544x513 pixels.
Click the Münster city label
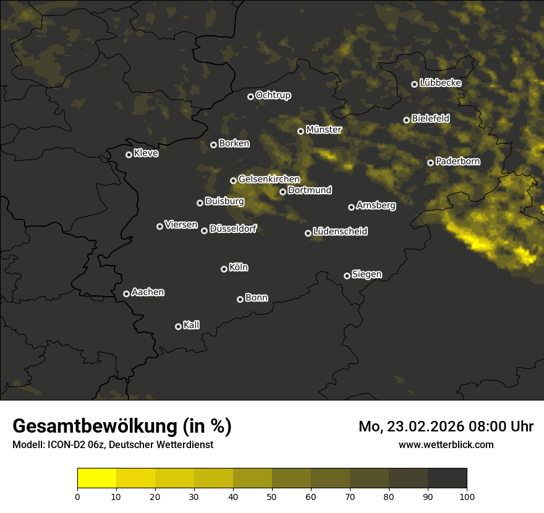tap(324, 130)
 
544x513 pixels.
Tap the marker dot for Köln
tap(224, 269)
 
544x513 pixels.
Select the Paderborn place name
tap(457, 161)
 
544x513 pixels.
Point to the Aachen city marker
tap(126, 294)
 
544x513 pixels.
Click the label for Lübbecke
tap(440, 83)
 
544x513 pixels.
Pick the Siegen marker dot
tap(347, 276)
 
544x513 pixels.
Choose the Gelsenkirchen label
tap(269, 179)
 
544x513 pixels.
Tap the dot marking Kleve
tap(129, 155)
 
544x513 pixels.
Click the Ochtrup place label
tap(273, 95)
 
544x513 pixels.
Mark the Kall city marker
tap(178, 326)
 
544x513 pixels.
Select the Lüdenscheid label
tap(340, 231)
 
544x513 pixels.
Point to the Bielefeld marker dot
tap(406, 120)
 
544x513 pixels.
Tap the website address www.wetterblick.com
tap(446, 444)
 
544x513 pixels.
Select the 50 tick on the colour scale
tap(272, 496)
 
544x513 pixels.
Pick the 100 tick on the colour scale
tap(467, 496)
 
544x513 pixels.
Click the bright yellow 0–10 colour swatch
tap(97, 478)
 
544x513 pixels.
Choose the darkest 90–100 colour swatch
tap(447, 478)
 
